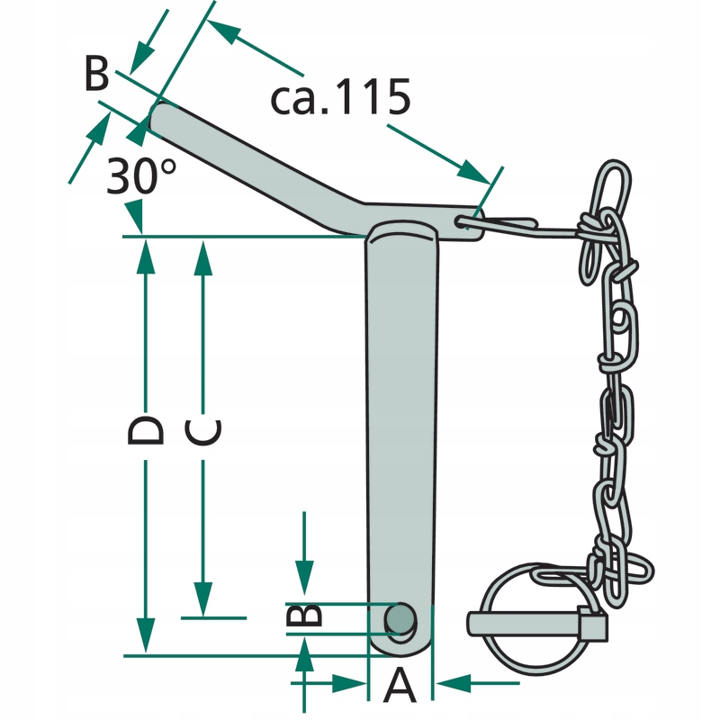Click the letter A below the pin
[x=400, y=687]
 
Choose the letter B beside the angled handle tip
[x=96, y=74]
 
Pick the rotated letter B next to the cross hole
[x=304, y=616]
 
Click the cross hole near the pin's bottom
[x=400, y=618]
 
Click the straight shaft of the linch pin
[x=522, y=621]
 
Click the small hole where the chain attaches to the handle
[x=463, y=224]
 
